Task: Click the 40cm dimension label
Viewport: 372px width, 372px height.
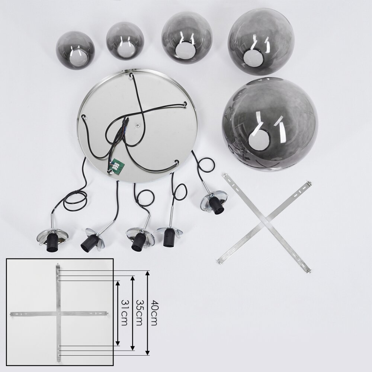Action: pos(154,313)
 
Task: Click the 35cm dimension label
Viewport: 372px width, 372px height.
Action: pos(139,313)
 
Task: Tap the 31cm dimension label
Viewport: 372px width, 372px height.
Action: pos(124,313)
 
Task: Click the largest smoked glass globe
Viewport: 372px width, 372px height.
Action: pos(270,125)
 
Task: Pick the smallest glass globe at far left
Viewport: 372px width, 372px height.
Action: pos(76,51)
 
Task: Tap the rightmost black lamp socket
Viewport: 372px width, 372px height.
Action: pos(217,206)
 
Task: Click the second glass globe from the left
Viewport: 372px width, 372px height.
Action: pos(125,41)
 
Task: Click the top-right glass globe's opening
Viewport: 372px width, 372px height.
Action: pos(253,58)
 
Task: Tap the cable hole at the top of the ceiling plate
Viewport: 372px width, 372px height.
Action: pos(131,76)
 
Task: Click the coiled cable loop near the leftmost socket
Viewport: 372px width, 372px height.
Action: pos(75,201)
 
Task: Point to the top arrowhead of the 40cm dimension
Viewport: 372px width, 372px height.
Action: pos(148,273)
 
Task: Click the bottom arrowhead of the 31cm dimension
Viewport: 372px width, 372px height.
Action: pos(118,343)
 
